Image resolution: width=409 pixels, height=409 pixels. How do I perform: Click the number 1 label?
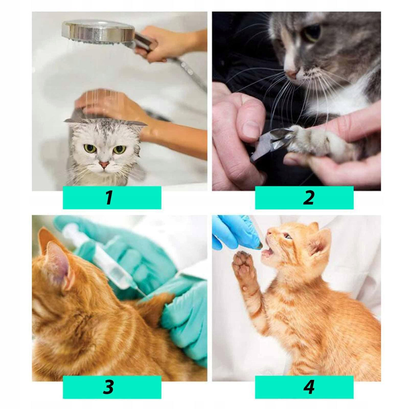tap(109, 198)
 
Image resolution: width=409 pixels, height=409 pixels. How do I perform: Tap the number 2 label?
tap(308, 198)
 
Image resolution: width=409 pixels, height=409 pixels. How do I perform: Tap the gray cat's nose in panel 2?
tap(292, 73)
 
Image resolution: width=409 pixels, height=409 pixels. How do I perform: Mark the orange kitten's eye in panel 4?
tap(288, 236)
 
